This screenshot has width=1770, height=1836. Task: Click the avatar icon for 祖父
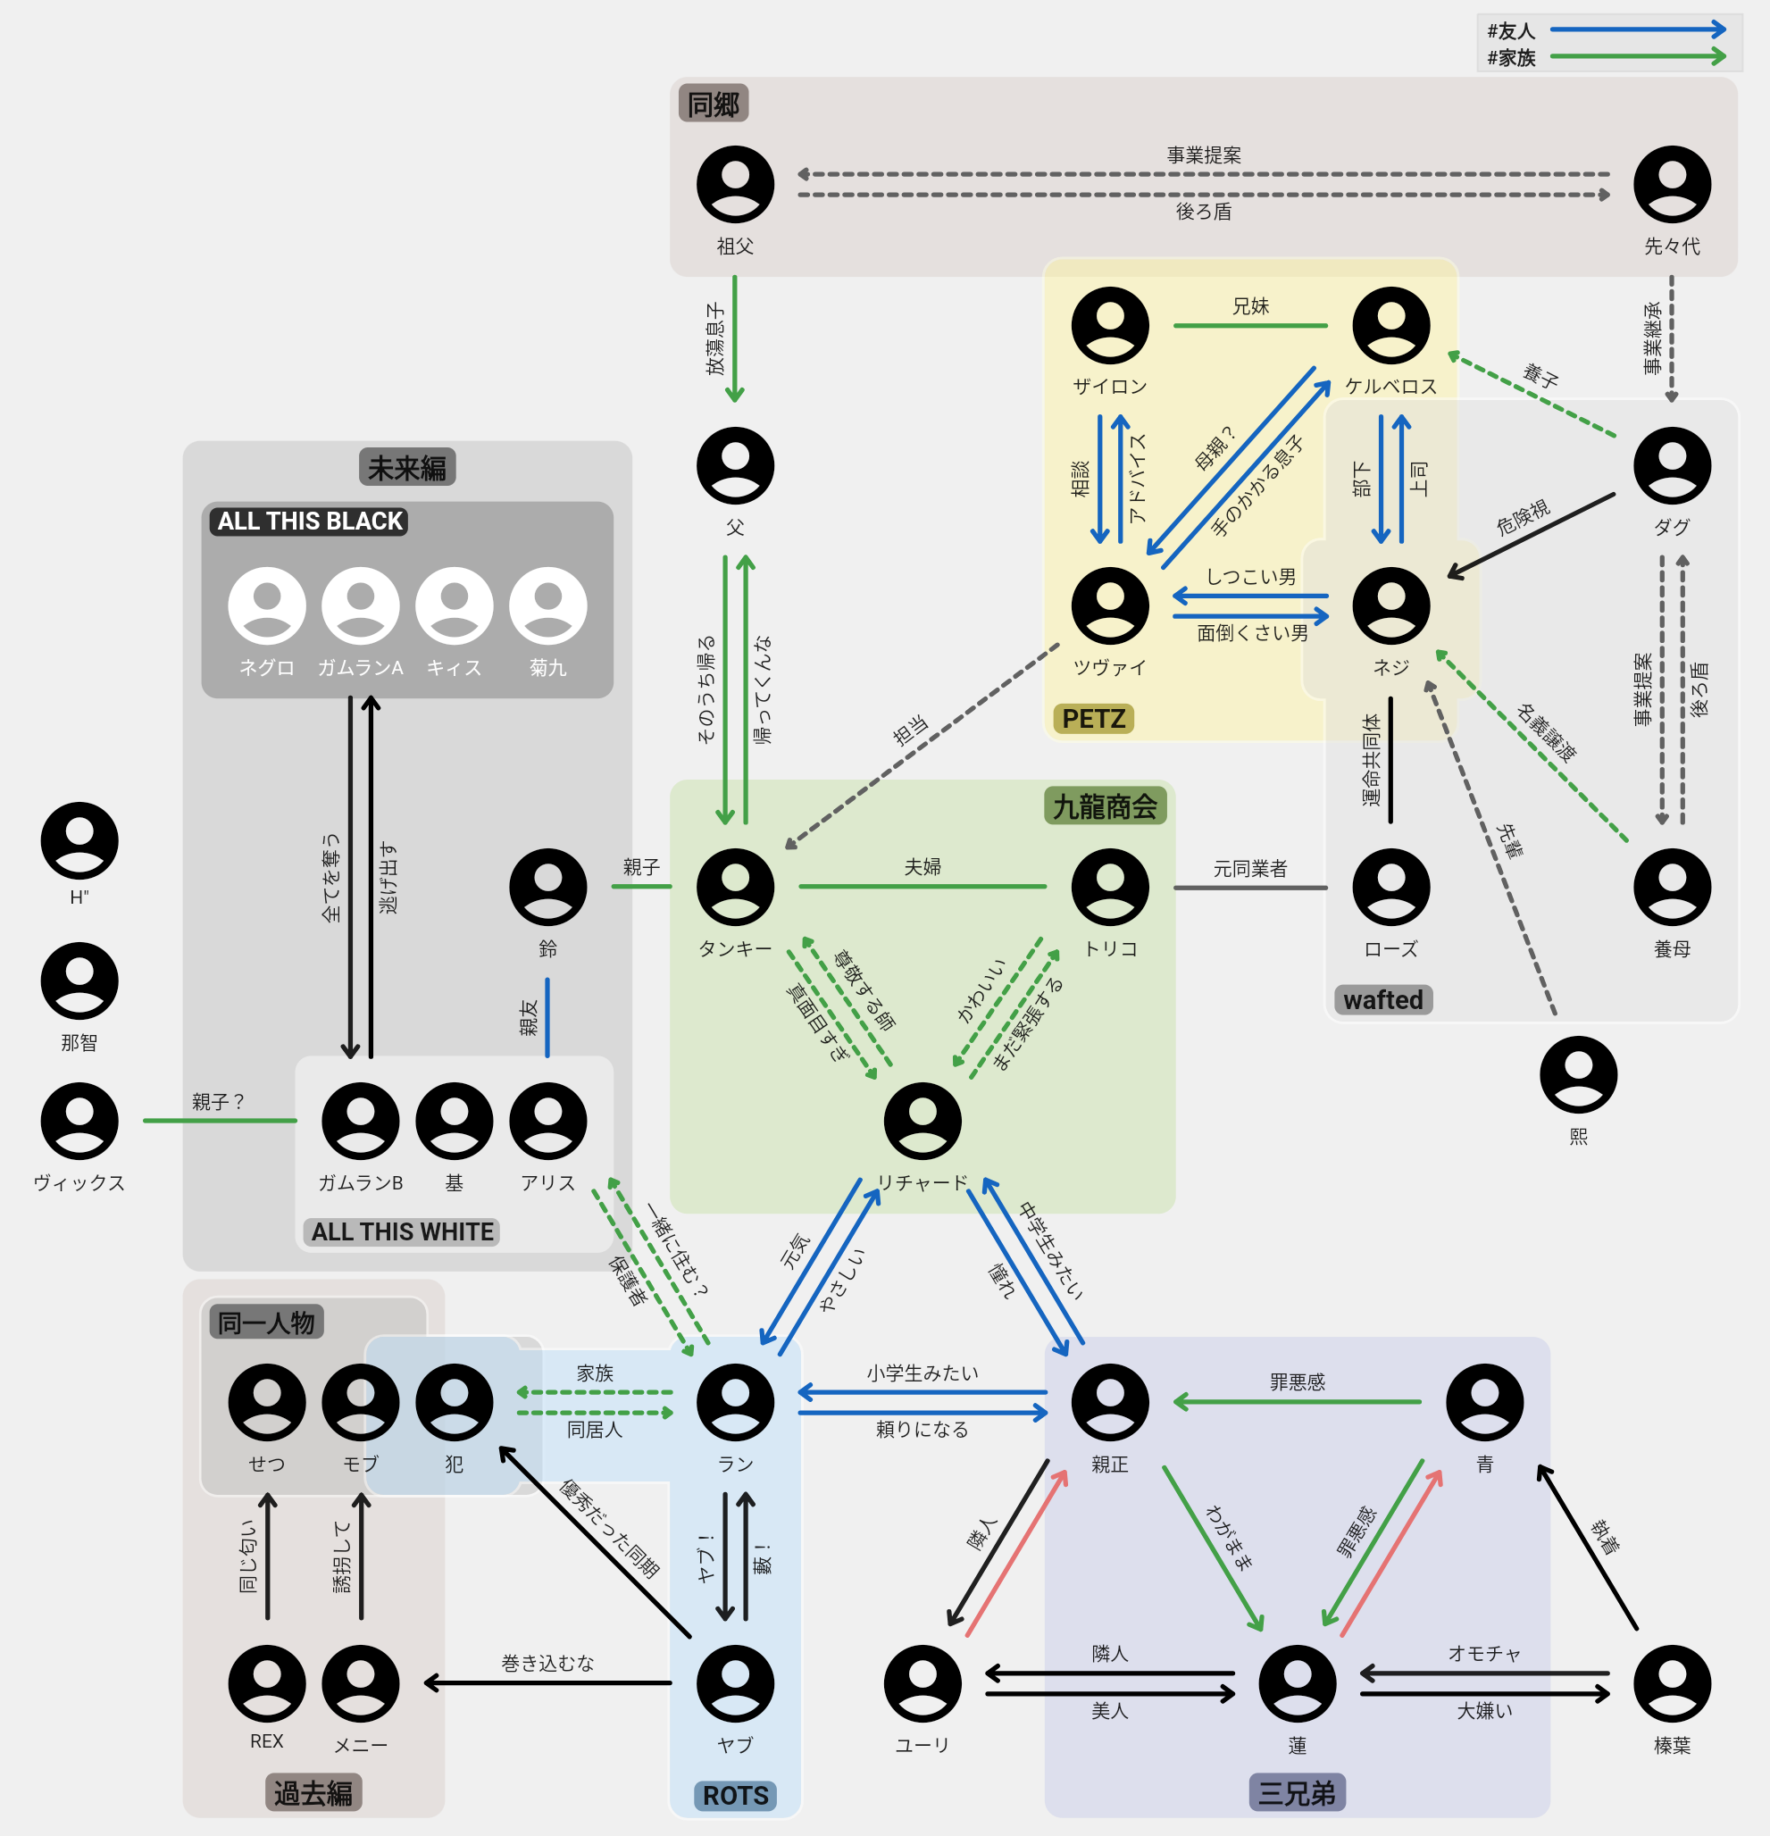pyautogui.click(x=735, y=185)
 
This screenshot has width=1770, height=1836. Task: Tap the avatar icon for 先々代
pyautogui.click(x=1672, y=185)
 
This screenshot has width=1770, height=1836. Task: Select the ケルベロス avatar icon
pyautogui.click(x=1390, y=325)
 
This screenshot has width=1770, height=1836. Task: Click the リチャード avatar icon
pyautogui.click(x=922, y=1122)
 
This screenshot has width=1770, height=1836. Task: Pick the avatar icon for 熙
pyautogui.click(x=1578, y=1074)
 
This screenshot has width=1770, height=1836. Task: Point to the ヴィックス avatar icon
pyautogui.click(x=79, y=1122)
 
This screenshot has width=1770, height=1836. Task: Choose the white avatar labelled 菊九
pyautogui.click(x=547, y=606)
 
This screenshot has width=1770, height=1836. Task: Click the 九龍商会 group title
pyautogui.click(x=1105, y=806)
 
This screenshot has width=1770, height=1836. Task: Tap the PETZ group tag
pyautogui.click(x=1093, y=719)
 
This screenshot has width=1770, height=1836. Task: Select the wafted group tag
pyautogui.click(x=1382, y=999)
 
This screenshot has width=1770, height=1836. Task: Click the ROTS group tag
pyautogui.click(x=735, y=1795)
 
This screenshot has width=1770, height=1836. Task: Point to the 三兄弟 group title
pyautogui.click(x=1297, y=1793)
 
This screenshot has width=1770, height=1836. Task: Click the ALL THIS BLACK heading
pyautogui.click(x=309, y=521)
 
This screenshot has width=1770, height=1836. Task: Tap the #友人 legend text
pyautogui.click(x=1510, y=31)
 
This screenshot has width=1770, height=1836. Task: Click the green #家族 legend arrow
pyautogui.click(x=1637, y=57)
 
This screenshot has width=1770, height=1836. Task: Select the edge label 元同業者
pyautogui.click(x=1250, y=868)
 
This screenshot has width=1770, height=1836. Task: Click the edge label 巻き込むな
pyautogui.click(x=547, y=1663)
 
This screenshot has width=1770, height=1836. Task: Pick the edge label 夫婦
pyautogui.click(x=922, y=866)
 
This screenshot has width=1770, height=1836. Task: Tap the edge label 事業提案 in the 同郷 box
pyautogui.click(x=1203, y=154)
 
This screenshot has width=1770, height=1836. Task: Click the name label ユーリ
pyautogui.click(x=922, y=1745)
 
